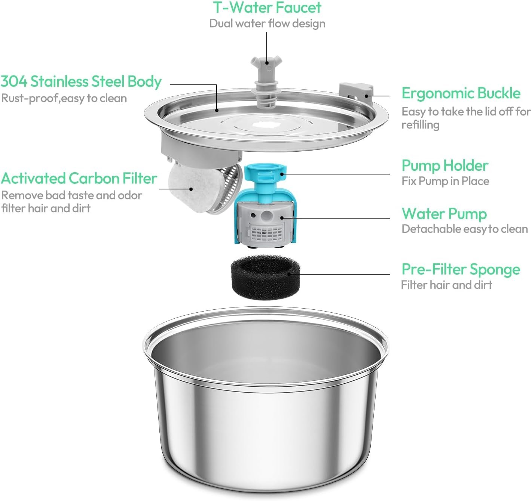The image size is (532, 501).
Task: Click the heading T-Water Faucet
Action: click(267, 7)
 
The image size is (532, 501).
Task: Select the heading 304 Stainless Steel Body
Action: click(81, 81)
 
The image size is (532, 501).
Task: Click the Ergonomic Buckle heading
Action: click(461, 93)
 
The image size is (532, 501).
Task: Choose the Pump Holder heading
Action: click(445, 166)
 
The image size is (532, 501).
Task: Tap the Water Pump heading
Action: click(444, 214)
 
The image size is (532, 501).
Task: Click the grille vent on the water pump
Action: click(266, 232)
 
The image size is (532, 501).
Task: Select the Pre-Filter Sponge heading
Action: click(461, 269)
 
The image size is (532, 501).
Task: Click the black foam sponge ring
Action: click(265, 277)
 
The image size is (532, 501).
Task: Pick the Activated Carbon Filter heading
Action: click(79, 179)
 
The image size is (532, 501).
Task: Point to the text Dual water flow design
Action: click(267, 24)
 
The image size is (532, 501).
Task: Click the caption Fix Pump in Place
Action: click(445, 181)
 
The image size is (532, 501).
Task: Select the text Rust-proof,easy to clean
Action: click(64, 99)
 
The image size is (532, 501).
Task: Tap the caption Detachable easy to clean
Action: click(465, 229)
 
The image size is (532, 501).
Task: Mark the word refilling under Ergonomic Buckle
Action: click(421, 125)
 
